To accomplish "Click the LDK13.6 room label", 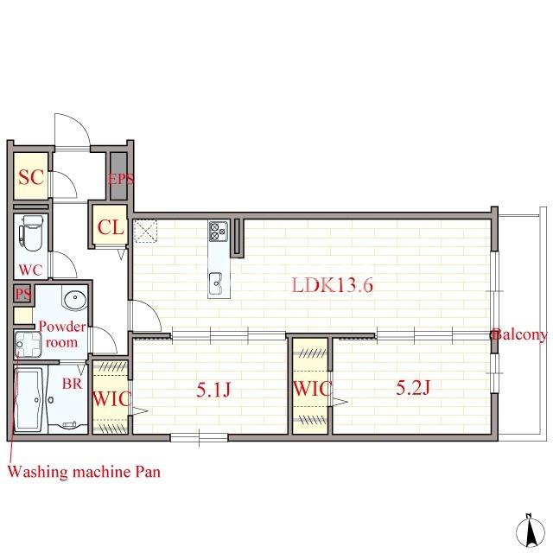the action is coord(332,285).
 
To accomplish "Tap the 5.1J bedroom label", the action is coord(213,390).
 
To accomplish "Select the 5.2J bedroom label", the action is coord(413,388).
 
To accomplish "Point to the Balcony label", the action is coord(520,334).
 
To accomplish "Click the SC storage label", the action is coord(31,176).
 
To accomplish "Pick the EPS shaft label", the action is coord(120,179).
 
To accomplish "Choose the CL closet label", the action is coord(111,227).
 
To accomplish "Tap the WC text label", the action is coord(31,270).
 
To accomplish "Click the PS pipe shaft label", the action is coord(23,294).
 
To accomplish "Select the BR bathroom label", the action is coord(72,384).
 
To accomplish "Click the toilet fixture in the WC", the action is coord(33,233).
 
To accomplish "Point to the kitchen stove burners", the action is coord(219,232).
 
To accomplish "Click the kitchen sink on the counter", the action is coord(216,283).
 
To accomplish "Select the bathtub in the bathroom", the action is coord(29,399).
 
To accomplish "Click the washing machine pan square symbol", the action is coord(29,345).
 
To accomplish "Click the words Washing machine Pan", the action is coord(84,472).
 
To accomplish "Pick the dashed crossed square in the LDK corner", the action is coord(146,231).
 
